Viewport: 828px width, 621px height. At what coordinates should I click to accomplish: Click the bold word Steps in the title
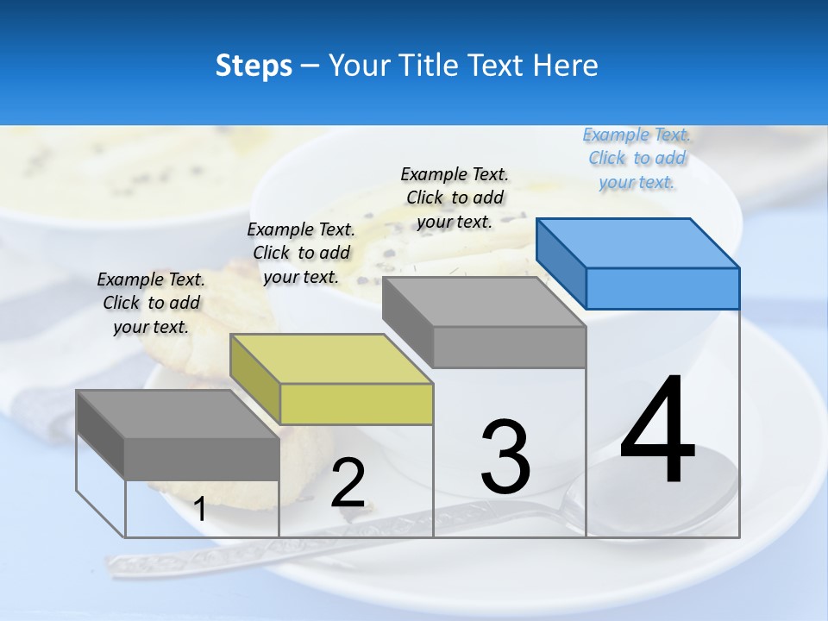click(x=254, y=66)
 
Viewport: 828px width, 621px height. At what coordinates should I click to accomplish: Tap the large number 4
click(x=657, y=431)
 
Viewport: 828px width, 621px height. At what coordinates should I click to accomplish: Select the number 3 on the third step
click(x=505, y=457)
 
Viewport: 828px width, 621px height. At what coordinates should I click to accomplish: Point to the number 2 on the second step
click(x=348, y=484)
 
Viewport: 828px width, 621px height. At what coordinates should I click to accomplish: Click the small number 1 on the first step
click(x=199, y=510)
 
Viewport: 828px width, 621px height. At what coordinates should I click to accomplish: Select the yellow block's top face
click(x=331, y=358)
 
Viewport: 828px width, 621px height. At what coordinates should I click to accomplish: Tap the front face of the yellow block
click(x=356, y=404)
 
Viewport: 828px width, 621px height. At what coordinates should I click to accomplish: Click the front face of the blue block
click(x=662, y=288)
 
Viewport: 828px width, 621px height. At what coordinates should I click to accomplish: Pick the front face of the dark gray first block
click(x=202, y=458)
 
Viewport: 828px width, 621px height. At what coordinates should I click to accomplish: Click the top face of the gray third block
click(x=483, y=301)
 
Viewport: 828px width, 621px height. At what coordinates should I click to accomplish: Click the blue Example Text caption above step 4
click(x=637, y=158)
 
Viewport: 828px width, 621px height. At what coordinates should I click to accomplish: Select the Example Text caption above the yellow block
click(x=301, y=253)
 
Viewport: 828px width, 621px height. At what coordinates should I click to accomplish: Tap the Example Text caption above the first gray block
click(x=151, y=303)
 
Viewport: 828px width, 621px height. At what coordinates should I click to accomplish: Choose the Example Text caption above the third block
click(x=455, y=198)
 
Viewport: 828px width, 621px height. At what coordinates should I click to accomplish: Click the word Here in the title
click(x=566, y=66)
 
